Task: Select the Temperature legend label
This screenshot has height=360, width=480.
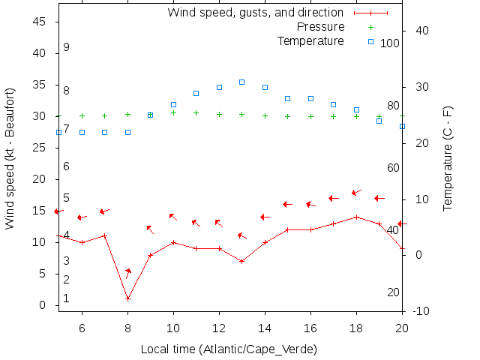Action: pos(310,40)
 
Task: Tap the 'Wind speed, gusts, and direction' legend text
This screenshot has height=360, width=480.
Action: pos(255,13)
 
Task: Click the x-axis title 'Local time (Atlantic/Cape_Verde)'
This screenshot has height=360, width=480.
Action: pos(229,349)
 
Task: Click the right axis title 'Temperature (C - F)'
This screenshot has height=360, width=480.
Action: pos(448,158)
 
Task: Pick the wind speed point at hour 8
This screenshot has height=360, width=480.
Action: pos(127,298)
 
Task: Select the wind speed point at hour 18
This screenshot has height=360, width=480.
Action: pos(356,217)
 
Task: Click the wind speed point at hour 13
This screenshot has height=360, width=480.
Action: pos(241,261)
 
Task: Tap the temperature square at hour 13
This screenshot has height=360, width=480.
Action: pos(241,82)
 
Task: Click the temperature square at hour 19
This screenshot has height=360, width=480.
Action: pos(379,121)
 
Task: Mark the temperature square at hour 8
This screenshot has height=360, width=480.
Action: pos(127,132)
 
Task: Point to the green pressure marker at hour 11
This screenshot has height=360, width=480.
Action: pos(196,112)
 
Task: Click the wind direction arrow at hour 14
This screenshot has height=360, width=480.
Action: pos(265,217)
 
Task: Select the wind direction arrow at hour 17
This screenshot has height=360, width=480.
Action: pos(334,198)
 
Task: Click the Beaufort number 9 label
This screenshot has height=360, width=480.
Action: pos(66,47)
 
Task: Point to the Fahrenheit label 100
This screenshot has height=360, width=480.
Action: pos(390,43)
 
